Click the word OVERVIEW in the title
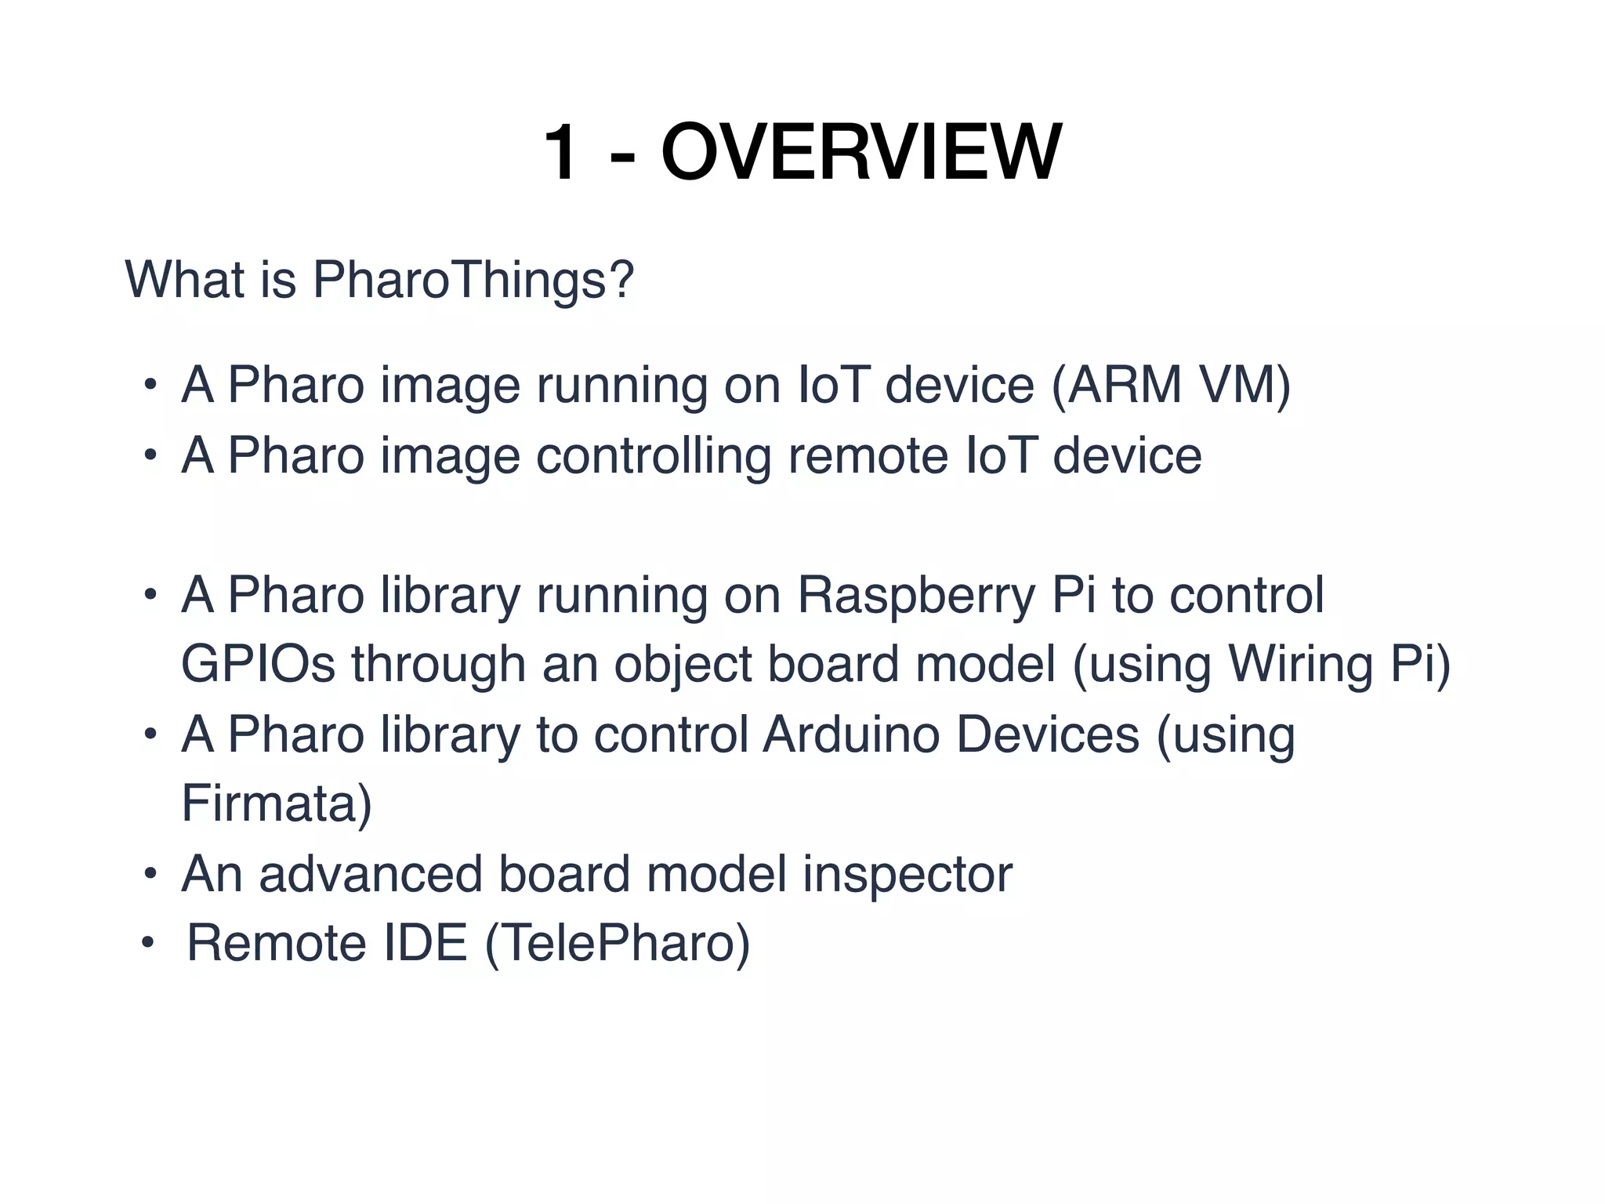(860, 153)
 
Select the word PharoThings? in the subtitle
(473, 280)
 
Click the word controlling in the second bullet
(654, 455)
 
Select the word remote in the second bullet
(868, 455)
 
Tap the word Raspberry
(915, 596)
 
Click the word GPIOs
(258, 665)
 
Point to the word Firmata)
(277, 803)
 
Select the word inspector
(907, 874)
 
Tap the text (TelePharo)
(618, 943)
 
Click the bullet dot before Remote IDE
(149, 944)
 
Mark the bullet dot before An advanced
(150, 875)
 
